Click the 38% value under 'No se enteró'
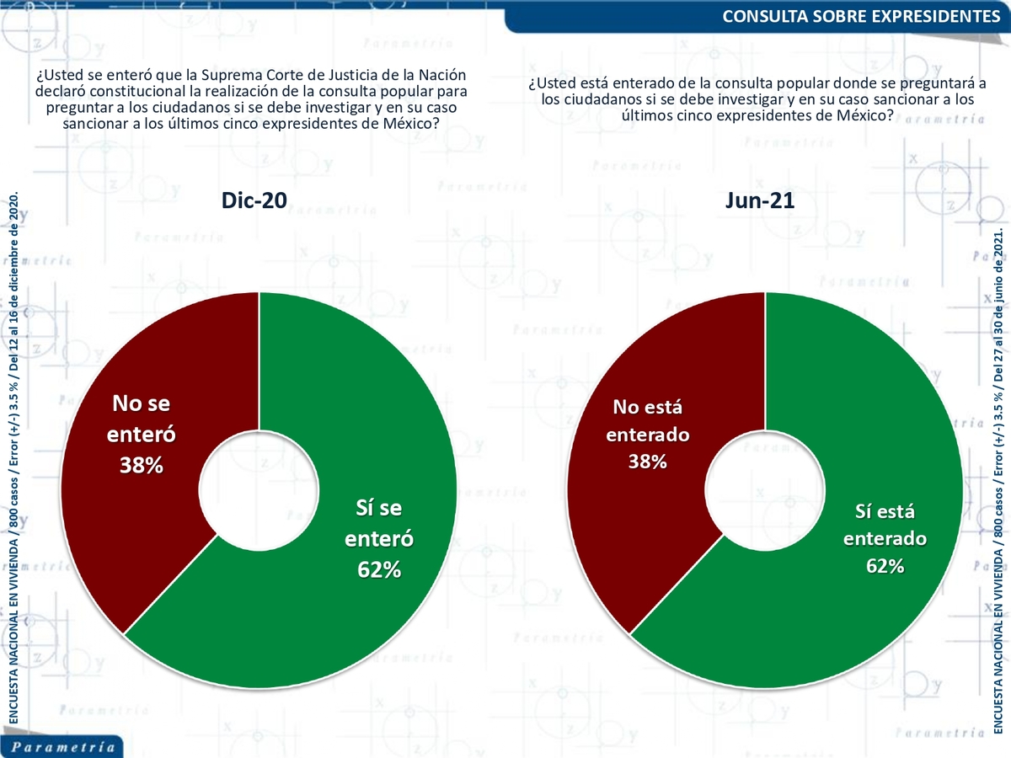[x=140, y=464]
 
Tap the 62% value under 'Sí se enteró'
[x=378, y=569]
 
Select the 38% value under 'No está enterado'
[x=647, y=461]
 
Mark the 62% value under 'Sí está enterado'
[x=885, y=565]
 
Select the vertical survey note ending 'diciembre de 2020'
[x=13, y=455]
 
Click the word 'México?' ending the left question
[x=412, y=123]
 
